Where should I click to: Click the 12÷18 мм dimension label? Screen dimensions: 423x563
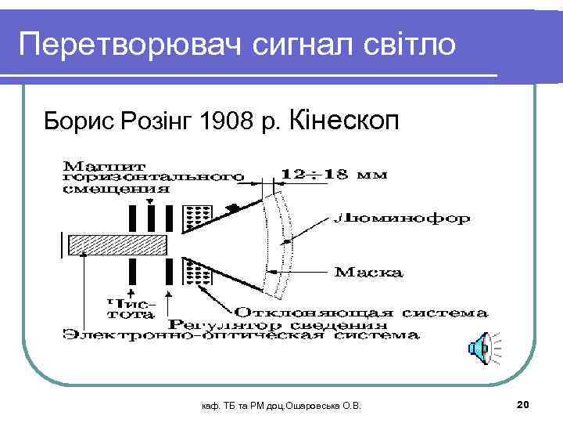[334, 174]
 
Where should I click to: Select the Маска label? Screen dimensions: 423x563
[369, 273]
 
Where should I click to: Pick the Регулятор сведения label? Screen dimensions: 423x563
[278, 324]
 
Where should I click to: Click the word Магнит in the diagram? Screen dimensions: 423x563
[98, 165]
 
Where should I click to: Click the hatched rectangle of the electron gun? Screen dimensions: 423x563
[118, 245]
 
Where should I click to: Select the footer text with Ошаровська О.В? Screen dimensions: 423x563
[281, 405]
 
